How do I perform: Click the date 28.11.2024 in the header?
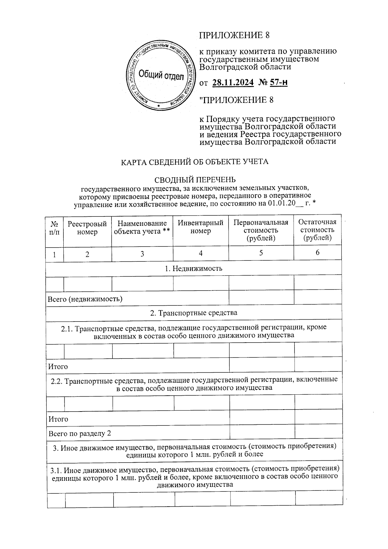[x=233, y=83]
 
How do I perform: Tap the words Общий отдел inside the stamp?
[x=161, y=76]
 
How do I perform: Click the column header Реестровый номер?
[x=87, y=228]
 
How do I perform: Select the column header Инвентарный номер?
[x=200, y=227]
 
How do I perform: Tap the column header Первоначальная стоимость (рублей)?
[x=261, y=230]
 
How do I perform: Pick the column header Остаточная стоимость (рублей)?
[x=317, y=230]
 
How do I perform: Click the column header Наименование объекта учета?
[x=142, y=227]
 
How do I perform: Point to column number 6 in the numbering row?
[x=317, y=253]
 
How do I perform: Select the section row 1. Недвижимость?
[x=194, y=269]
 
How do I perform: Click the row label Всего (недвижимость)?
[x=85, y=299]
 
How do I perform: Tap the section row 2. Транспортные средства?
[x=194, y=313]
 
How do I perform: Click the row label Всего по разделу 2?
[x=80, y=434]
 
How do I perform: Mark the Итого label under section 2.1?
[x=58, y=367]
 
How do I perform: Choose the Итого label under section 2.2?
[x=58, y=419]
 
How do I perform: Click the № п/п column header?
[x=55, y=228]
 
